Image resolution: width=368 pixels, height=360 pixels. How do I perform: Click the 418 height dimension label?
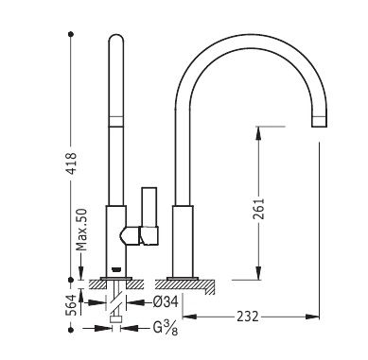72,163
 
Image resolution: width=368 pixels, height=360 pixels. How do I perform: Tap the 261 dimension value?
258,209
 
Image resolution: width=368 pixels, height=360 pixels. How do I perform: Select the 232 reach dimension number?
248,317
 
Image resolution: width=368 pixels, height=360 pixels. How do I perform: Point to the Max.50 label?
81,230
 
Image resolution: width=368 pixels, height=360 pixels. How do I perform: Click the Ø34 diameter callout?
166,301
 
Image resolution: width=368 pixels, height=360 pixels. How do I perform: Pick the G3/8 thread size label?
166,328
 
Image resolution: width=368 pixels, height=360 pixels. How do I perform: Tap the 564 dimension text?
71,305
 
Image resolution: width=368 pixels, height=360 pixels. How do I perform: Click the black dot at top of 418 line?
71,34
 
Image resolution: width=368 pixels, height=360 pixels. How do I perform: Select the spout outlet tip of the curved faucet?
319,122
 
